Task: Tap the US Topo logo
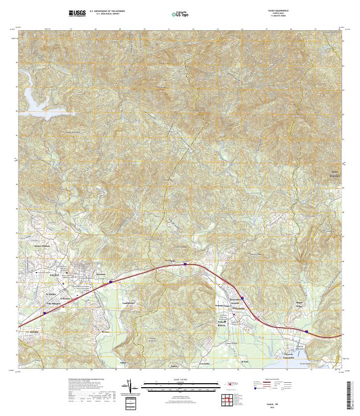click(x=179, y=14)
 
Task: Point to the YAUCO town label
click(x=54, y=274)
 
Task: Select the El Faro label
click(x=244, y=362)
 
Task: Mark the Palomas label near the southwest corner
click(x=34, y=331)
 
